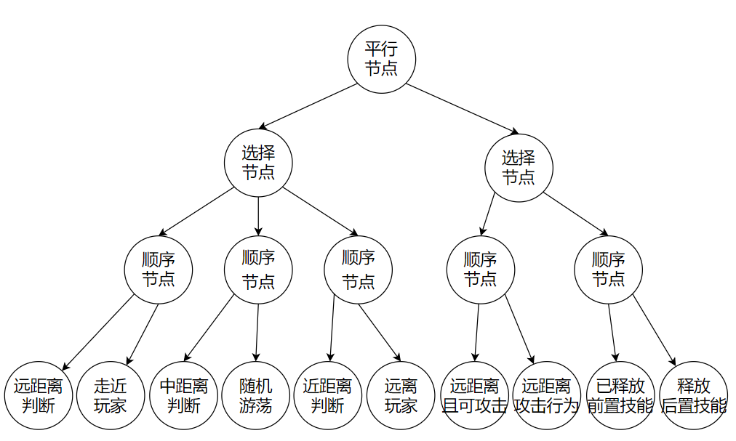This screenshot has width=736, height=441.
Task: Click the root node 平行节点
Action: coord(381,60)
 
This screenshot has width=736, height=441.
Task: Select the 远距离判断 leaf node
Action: coord(39,395)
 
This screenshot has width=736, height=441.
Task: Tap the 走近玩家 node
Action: coord(111,395)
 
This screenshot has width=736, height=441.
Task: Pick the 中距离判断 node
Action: coord(184,395)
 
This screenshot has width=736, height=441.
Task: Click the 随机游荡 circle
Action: coord(256,395)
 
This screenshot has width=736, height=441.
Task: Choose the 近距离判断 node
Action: coord(327,395)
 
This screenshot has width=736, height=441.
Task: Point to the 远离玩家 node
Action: coord(401,395)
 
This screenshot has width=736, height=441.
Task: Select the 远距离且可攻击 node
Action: coord(474,395)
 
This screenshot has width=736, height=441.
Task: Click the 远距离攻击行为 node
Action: coord(547,395)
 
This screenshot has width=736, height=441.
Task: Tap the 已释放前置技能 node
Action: coord(620,395)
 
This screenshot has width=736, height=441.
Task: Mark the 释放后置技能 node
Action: coord(693,395)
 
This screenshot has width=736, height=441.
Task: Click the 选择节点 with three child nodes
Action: coord(258,163)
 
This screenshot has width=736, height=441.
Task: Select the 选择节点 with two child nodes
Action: coord(519,167)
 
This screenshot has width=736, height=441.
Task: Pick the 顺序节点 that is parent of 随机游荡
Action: coord(258,270)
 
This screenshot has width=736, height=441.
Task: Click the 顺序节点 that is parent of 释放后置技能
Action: coord(609,270)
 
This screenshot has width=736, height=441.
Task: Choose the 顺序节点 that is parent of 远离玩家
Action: coord(358,270)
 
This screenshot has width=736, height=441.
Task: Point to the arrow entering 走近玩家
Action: coord(143,334)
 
